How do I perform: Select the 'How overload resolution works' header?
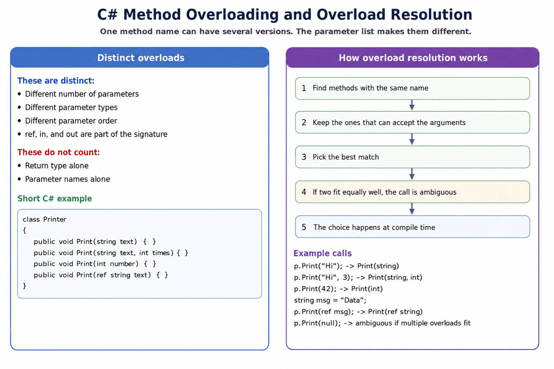click(413, 58)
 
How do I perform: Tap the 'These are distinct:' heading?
click(56, 81)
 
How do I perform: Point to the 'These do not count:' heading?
click(59, 152)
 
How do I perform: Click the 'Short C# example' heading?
click(55, 199)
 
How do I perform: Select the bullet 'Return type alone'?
click(53, 166)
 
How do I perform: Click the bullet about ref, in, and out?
click(92, 134)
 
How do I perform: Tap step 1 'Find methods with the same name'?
click(413, 88)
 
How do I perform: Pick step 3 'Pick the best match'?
click(413, 157)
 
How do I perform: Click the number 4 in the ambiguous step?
click(304, 192)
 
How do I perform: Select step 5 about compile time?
click(413, 227)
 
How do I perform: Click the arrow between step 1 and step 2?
click(412, 105)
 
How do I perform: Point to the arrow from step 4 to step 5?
click(412, 209)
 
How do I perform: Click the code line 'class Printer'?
click(44, 219)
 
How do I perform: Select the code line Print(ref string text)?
click(101, 275)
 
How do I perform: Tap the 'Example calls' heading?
click(322, 253)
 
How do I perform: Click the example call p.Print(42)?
click(338, 289)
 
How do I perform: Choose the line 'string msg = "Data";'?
click(330, 300)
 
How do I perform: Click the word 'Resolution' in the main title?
click(432, 14)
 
